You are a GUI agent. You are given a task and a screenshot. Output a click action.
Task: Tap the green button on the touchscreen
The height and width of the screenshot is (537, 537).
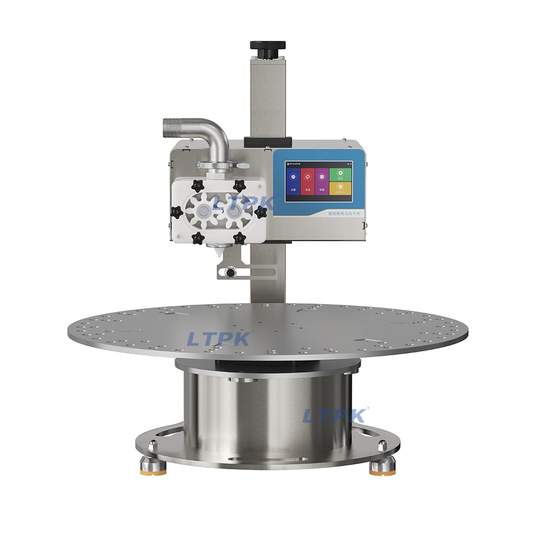click(x=339, y=175)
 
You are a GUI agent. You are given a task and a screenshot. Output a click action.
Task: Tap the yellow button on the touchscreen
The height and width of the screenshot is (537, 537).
click(x=339, y=188)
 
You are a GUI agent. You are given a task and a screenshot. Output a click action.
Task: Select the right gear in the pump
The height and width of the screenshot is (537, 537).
click(x=233, y=212)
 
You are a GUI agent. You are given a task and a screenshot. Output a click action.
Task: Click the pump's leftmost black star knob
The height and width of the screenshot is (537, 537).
click(x=176, y=213)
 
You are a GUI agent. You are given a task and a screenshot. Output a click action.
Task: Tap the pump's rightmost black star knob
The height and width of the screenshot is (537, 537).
click(x=260, y=212)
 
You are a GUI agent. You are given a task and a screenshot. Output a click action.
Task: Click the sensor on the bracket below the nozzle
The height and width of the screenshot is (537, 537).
click(x=231, y=272)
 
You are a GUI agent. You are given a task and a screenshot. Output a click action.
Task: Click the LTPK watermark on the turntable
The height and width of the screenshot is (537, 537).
click(x=219, y=339)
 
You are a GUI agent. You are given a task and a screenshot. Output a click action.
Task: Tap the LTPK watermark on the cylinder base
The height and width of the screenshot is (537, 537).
click(x=333, y=415)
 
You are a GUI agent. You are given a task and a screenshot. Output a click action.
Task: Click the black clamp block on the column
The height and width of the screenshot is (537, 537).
click(x=267, y=142)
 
